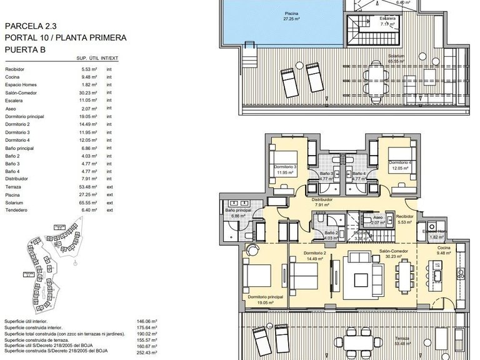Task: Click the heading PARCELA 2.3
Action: click(31, 26)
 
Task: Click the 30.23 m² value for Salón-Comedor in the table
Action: click(89, 92)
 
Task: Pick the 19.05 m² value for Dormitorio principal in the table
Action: click(89, 116)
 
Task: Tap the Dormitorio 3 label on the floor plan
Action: click(285, 167)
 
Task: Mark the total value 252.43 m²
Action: click(146, 352)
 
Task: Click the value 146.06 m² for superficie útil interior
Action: click(146, 321)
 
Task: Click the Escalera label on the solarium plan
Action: click(387, 18)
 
